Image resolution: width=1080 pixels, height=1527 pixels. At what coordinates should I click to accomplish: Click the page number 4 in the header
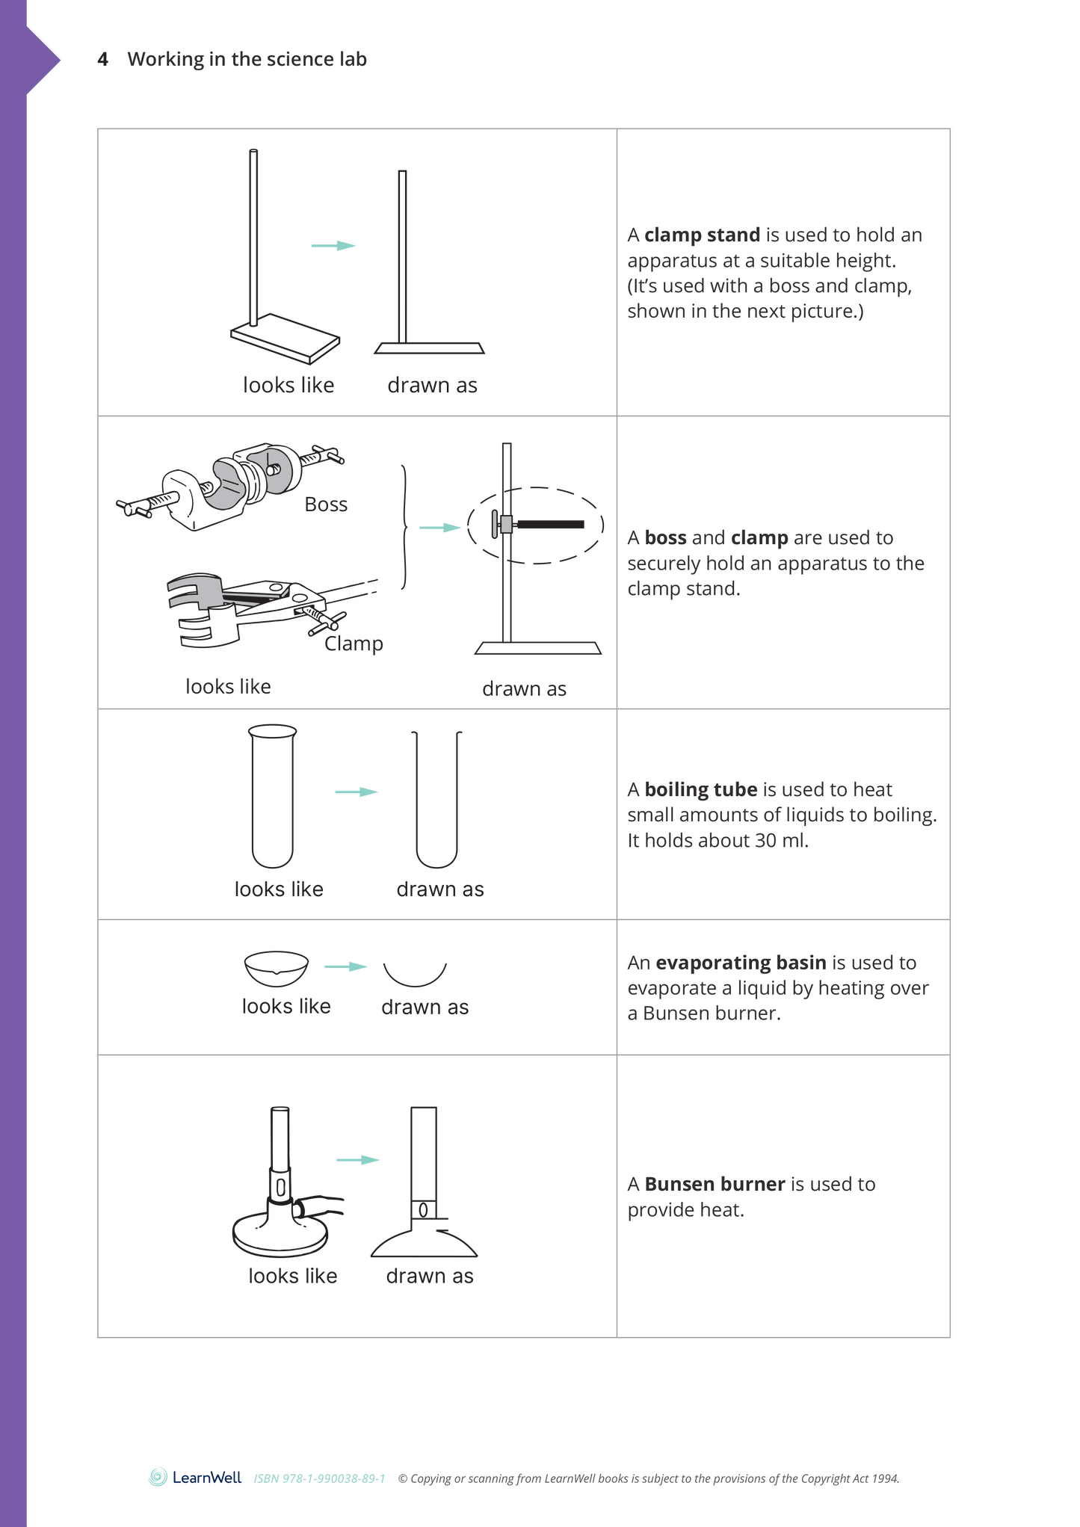coord(103,59)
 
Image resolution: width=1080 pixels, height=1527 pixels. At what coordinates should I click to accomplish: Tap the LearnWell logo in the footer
coord(196,1477)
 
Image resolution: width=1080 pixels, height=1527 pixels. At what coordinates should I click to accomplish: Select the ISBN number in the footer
coord(319,1478)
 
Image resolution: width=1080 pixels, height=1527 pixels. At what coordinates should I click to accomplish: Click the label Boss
coord(326,505)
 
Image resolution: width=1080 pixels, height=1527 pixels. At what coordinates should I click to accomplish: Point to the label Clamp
coord(354,644)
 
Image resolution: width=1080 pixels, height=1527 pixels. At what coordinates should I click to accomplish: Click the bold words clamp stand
coord(702,235)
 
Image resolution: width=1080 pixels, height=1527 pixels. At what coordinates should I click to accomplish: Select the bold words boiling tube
coord(700,789)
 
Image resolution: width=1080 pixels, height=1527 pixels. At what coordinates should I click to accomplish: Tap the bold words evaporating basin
coord(740,963)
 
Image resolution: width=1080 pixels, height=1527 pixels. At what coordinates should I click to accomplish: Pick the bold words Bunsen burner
coord(714,1184)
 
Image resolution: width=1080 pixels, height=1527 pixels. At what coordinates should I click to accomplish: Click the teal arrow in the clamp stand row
coord(333,246)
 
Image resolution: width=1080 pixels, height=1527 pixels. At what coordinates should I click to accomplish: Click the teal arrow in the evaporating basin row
coord(345,966)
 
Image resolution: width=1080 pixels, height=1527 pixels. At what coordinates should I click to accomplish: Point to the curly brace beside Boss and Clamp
coord(404,527)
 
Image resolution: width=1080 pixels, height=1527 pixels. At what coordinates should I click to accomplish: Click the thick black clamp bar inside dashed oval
coord(550,525)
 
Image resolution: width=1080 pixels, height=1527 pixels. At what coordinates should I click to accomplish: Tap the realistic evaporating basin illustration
coord(276,968)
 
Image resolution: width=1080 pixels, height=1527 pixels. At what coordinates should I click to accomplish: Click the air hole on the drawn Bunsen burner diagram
coord(423,1210)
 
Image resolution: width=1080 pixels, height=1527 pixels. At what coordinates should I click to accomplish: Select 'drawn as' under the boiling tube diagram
coord(439,889)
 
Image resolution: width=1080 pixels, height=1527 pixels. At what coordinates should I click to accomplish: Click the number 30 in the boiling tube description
coord(765,840)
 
